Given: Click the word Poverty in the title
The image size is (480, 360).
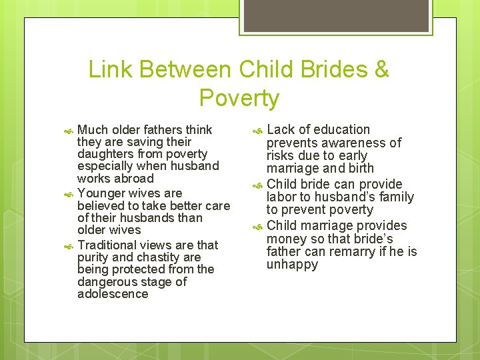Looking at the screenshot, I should pos(239,99).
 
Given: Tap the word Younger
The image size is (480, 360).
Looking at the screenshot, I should pos(101,193).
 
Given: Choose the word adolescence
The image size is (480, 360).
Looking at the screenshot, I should pos(113,294).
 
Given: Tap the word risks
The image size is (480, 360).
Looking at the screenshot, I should pos(281,155).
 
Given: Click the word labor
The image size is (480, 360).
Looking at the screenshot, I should pos(281,197).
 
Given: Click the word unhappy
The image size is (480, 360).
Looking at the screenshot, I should pos(292,265).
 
